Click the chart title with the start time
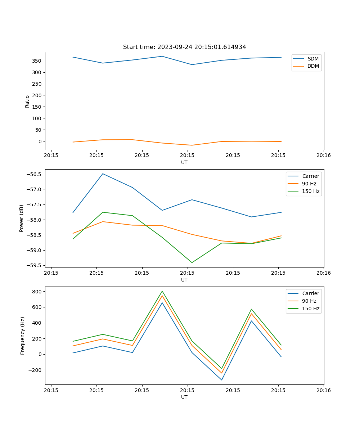click(184, 47)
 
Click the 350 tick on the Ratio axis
click(38, 61)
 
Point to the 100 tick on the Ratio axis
click(38, 118)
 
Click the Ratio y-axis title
click(27, 101)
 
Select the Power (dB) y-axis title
click(22, 218)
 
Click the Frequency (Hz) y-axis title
click(23, 336)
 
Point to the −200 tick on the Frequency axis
click(36, 370)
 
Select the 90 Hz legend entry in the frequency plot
click(309, 301)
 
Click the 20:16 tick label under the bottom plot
click(323, 390)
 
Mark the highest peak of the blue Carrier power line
click(103, 174)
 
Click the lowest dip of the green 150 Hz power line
click(192, 262)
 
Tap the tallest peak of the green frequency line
click(162, 291)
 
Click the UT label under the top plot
click(184, 162)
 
